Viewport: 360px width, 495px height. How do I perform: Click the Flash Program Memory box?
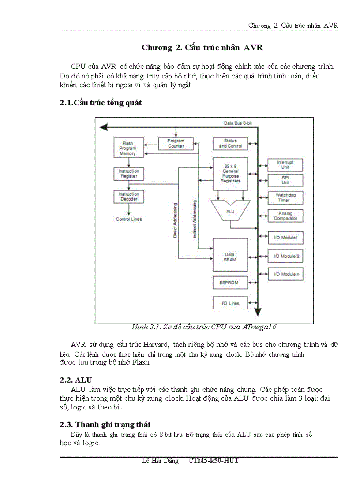(x=127, y=148)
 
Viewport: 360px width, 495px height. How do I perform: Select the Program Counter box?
(x=176, y=143)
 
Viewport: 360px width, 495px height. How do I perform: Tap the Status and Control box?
(x=230, y=143)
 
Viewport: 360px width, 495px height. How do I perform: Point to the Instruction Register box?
(x=128, y=174)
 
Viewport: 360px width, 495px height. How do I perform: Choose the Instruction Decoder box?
(x=128, y=197)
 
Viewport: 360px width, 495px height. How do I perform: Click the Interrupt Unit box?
(x=285, y=165)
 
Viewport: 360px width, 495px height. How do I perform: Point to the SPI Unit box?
(x=285, y=180)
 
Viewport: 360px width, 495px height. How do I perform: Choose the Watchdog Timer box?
(x=285, y=197)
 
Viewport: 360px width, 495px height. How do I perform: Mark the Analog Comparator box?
(x=285, y=216)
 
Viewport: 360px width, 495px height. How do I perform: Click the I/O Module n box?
(x=285, y=274)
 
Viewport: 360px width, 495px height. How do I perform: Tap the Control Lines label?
(x=129, y=219)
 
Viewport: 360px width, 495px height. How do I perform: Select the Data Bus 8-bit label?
(x=238, y=123)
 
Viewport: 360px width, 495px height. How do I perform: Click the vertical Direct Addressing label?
(x=175, y=220)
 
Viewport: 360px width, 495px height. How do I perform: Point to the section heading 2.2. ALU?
(x=76, y=380)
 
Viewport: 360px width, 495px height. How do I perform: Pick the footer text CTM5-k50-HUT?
(x=214, y=461)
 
